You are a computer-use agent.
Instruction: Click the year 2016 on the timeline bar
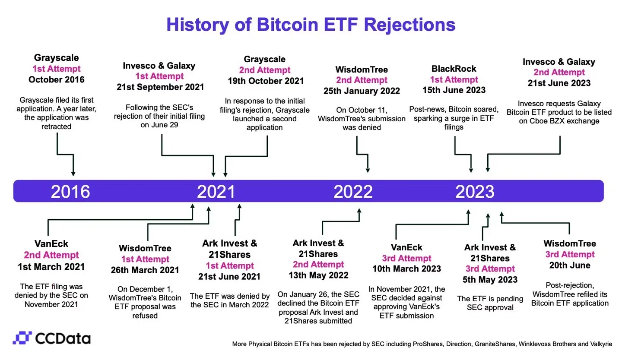pyautogui.click(x=70, y=192)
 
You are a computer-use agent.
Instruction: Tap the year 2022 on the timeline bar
pyautogui.click(x=353, y=192)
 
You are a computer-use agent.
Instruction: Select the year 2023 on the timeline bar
pyautogui.click(x=475, y=192)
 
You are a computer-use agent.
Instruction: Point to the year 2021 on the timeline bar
pyautogui.click(x=216, y=192)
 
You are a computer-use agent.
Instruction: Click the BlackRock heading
pyautogui.click(x=454, y=69)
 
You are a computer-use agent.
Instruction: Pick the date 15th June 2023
pyautogui.click(x=454, y=90)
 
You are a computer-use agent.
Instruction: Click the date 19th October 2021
pyautogui.click(x=266, y=81)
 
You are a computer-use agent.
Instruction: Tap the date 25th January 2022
pyautogui.click(x=362, y=91)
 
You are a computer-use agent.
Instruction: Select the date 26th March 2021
pyautogui.click(x=145, y=270)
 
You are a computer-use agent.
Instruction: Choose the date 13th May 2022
pyautogui.click(x=318, y=275)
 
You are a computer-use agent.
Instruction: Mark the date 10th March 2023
pyautogui.click(x=406, y=268)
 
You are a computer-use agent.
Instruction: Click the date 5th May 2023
pyautogui.click(x=490, y=280)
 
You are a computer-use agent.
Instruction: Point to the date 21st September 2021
pyautogui.click(x=160, y=87)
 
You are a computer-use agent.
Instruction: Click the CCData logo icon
pyautogui.click(x=22, y=338)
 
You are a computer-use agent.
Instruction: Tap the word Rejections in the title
pyautogui.click(x=409, y=25)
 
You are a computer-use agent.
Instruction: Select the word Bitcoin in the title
pyautogui.click(x=287, y=25)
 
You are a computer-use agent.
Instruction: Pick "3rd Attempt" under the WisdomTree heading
pyautogui.click(x=570, y=254)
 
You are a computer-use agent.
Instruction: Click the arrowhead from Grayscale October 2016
pyautogui.click(x=73, y=174)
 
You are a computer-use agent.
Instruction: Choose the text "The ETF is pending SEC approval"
pyautogui.click(x=490, y=303)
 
